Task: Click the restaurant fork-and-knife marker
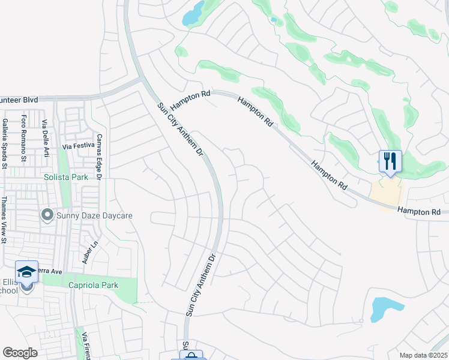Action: pos(390,161)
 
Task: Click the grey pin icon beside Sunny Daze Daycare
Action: pos(47,214)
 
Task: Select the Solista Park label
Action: pos(65,177)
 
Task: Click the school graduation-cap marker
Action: pos(26,272)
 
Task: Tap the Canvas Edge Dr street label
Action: pos(100,160)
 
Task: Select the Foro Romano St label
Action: pos(24,139)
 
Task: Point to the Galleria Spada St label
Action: pos(5,142)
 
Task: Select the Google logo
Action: pos(20,353)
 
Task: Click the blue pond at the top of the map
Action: pos(193,13)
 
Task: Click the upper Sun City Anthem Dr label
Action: pos(181,129)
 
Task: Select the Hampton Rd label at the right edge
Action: pos(419,212)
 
